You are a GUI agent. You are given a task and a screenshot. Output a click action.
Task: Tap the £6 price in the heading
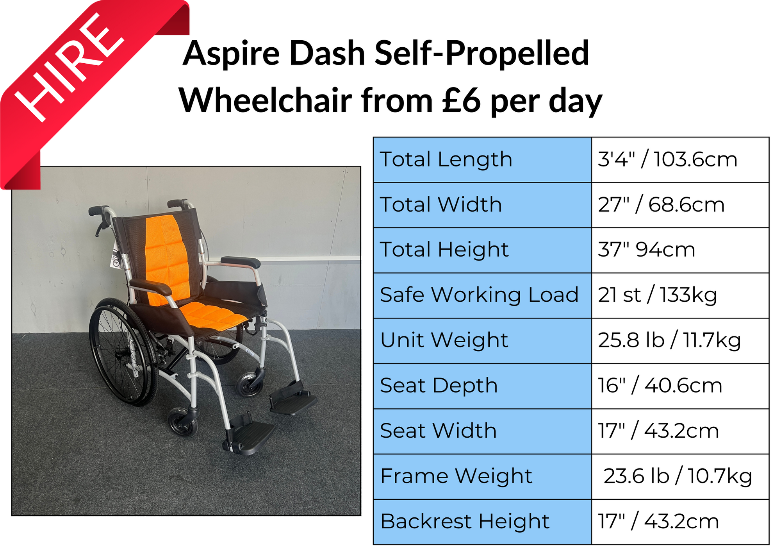[x=461, y=100]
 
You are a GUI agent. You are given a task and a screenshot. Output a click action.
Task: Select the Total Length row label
[x=446, y=159]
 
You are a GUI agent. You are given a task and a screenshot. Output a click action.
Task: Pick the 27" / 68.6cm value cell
[x=661, y=204]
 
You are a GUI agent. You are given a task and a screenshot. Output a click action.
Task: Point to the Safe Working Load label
[x=479, y=295]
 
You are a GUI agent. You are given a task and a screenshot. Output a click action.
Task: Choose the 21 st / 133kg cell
[x=657, y=295]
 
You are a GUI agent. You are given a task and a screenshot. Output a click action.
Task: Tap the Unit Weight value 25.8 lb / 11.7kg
[x=669, y=340]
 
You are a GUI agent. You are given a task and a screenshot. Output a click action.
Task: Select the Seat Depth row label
[x=439, y=386]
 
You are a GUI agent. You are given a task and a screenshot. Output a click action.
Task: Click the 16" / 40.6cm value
[x=660, y=385]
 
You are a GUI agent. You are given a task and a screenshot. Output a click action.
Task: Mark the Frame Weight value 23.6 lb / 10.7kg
[x=678, y=476]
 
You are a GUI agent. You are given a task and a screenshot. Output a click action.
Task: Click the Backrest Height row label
[x=465, y=521]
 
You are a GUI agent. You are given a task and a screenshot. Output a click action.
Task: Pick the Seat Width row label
[x=438, y=431]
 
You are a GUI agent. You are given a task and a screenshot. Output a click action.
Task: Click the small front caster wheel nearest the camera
[x=183, y=422]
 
